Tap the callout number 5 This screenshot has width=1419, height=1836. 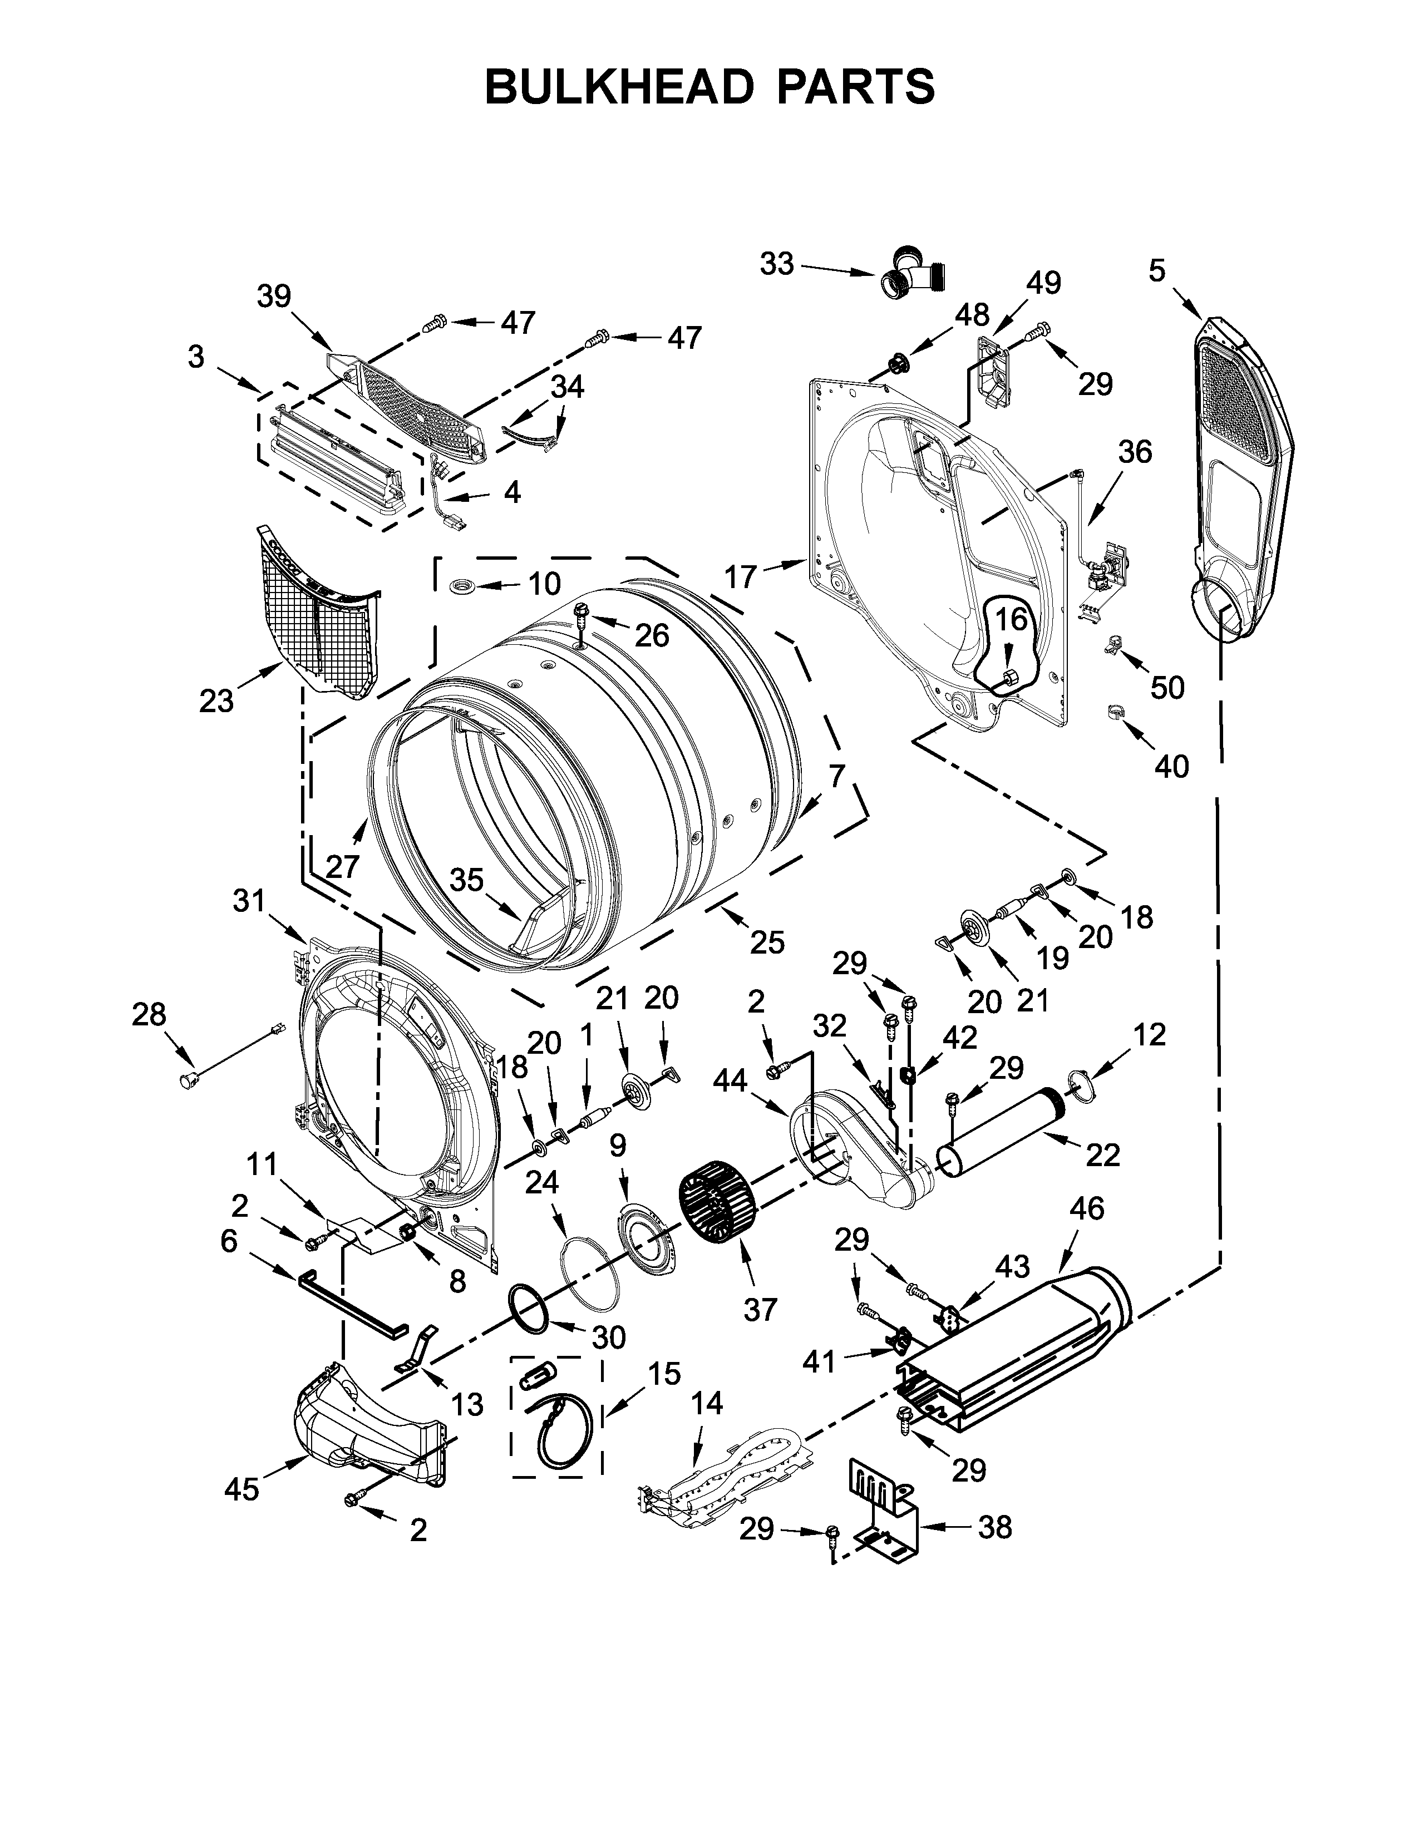1157,271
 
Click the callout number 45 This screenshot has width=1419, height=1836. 242,1489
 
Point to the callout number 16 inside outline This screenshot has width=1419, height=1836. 1011,620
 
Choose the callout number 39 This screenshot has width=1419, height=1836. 274,296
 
